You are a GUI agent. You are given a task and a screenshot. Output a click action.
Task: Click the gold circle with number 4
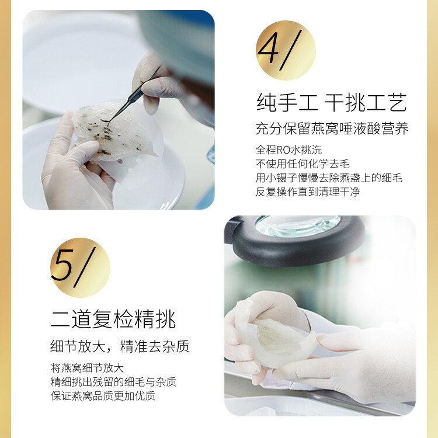[286, 50]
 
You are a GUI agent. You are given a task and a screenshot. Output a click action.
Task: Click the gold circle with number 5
[80, 267]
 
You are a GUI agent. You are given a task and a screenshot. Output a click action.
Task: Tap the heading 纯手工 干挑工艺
[331, 103]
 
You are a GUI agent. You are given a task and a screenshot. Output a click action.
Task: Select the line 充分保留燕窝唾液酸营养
[332, 128]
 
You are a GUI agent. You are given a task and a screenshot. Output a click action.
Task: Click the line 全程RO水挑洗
[288, 150]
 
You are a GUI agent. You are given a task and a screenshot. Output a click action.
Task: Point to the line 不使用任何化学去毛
[303, 164]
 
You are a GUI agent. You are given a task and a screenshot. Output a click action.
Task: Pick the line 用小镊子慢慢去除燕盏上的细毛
[329, 178]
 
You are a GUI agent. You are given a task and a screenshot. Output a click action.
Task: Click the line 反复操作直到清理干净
[308, 192]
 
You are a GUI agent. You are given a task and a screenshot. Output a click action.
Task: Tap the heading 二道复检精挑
[113, 319]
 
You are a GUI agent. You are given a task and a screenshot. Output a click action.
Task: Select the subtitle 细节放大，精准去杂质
[120, 346]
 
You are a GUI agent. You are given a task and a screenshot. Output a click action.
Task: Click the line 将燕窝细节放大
[87, 368]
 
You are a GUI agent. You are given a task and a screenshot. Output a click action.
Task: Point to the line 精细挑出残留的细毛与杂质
[113, 382]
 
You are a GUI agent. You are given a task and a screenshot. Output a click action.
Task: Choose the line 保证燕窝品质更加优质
[103, 396]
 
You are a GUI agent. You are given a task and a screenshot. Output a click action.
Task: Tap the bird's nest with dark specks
[112, 131]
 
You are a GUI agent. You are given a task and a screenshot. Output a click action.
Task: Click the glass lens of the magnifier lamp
[297, 225]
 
